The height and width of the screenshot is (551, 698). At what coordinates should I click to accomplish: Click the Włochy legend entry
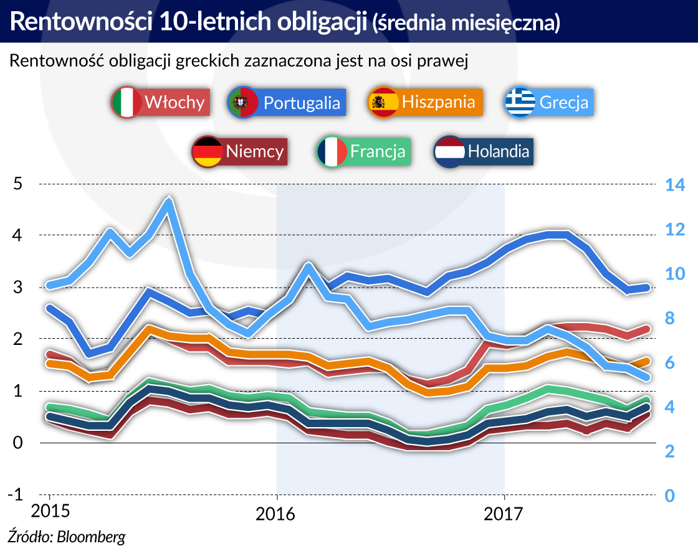(160, 102)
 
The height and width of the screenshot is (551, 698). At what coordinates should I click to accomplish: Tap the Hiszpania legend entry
(426, 102)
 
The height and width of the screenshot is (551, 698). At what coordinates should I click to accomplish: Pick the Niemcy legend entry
(239, 151)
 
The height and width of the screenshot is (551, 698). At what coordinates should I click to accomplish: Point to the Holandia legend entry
(484, 151)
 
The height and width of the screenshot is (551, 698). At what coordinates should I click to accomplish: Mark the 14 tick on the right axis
(675, 185)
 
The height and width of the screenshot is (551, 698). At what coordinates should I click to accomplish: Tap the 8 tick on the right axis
(669, 318)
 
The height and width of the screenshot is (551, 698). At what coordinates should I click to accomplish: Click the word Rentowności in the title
(79, 22)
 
